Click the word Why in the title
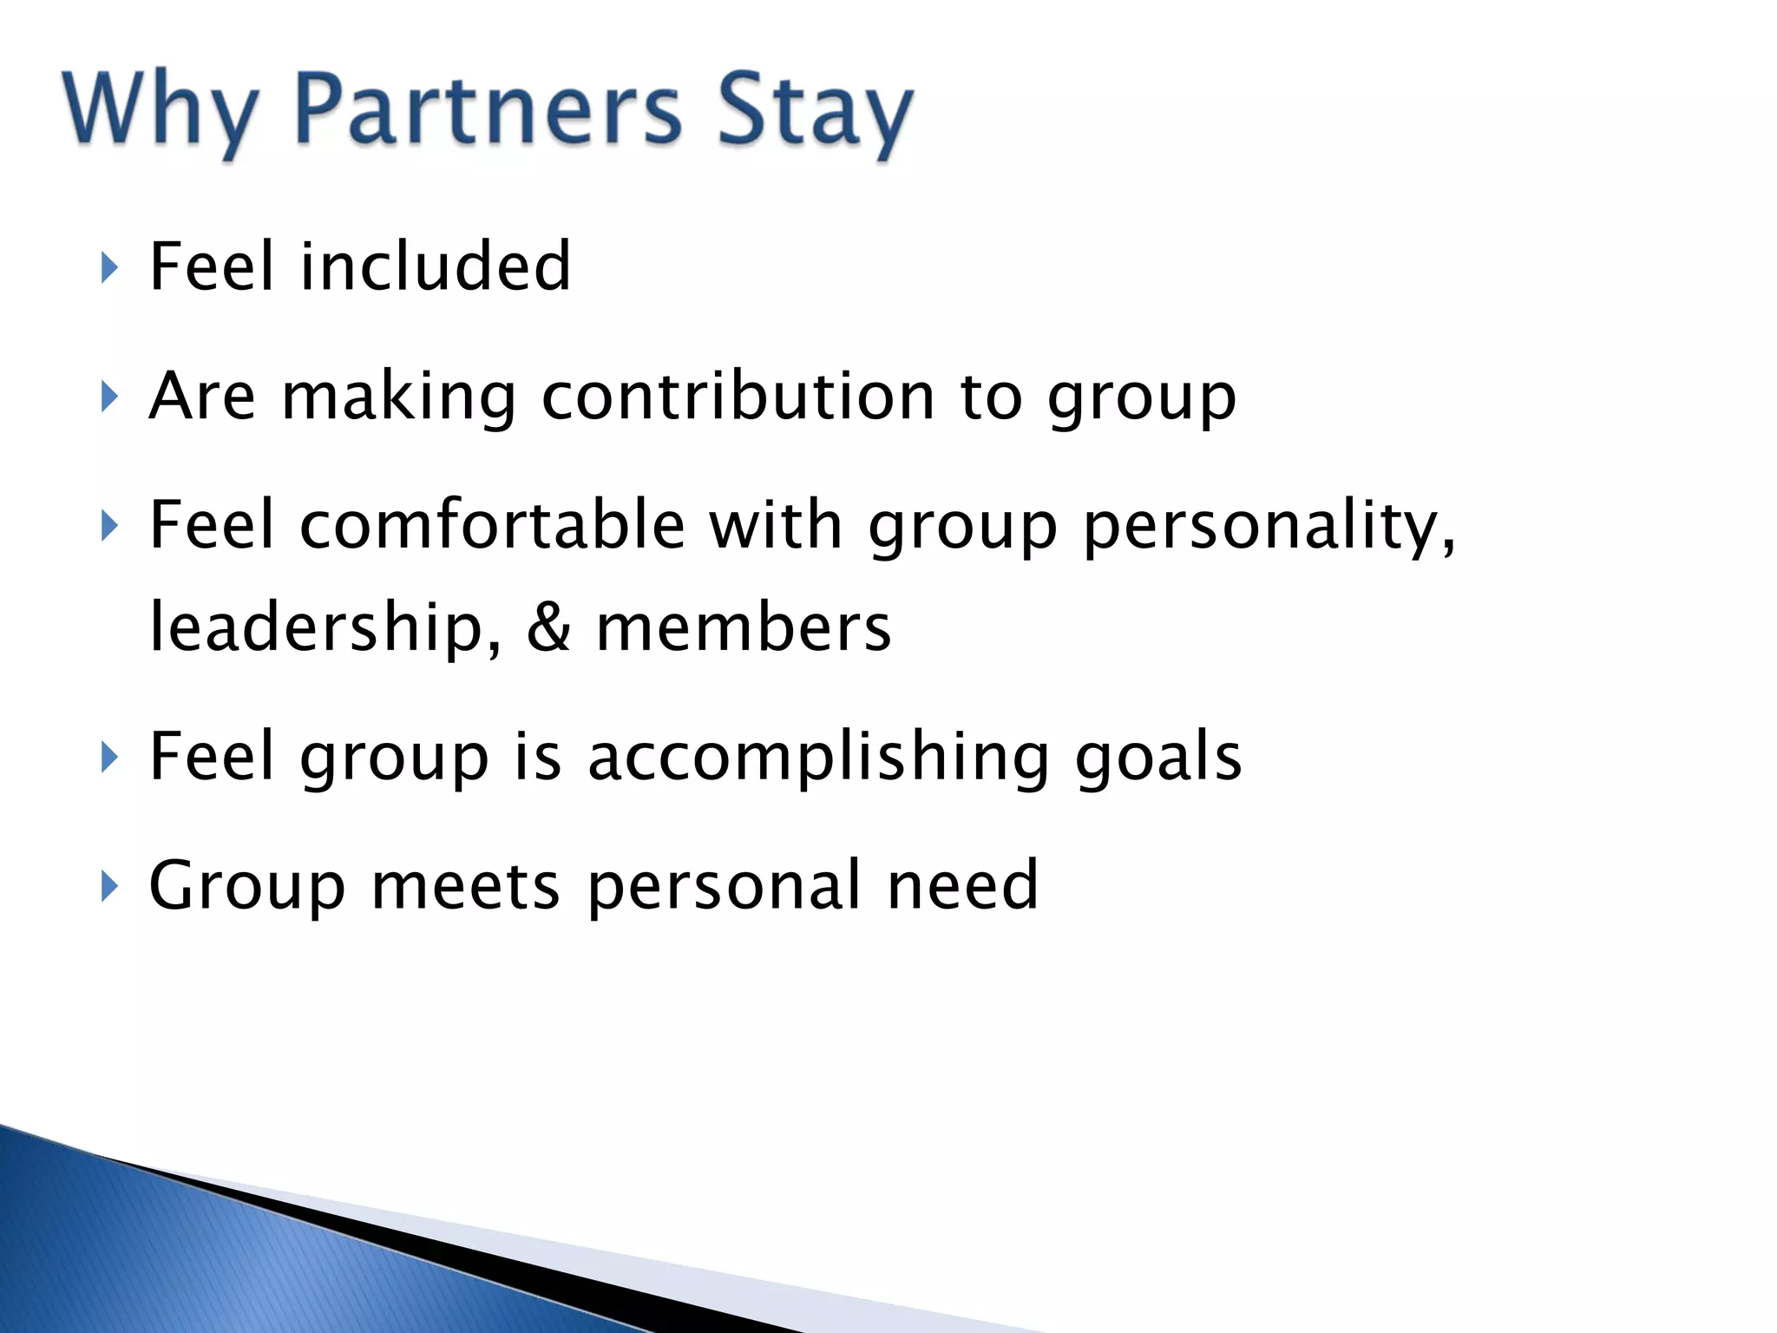coord(160,111)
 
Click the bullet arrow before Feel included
coord(108,268)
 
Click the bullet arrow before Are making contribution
coord(108,397)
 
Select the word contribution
coord(738,396)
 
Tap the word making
coord(398,397)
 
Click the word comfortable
coord(492,525)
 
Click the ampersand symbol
coord(548,627)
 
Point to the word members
coord(744,627)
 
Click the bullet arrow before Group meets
coord(108,887)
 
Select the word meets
coord(466,886)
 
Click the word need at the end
coord(962,886)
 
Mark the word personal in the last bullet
coord(724,887)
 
